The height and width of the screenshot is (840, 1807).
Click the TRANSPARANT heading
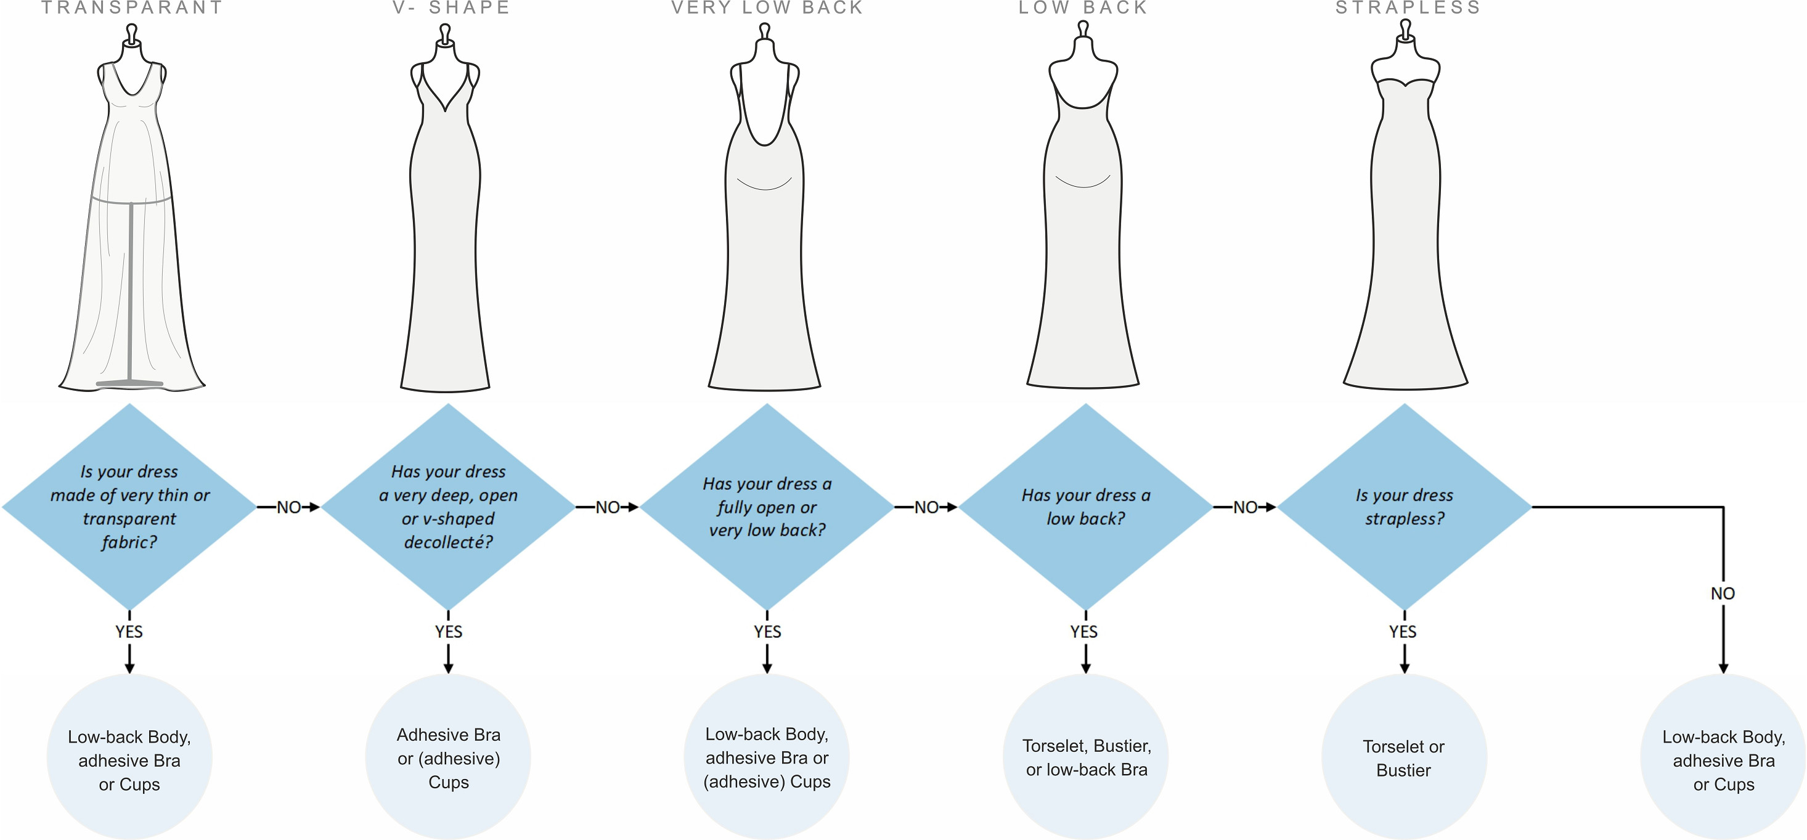tap(132, 8)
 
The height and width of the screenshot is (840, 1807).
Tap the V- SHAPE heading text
tap(451, 8)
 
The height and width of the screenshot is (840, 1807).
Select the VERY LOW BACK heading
tap(767, 8)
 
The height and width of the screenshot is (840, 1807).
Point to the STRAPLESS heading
tap(1408, 8)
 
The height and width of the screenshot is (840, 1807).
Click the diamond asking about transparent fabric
tap(130, 506)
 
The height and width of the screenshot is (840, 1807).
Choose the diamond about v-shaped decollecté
tap(448, 506)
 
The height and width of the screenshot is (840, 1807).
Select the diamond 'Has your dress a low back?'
tap(1086, 506)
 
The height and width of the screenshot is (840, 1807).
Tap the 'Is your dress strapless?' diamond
tap(1405, 506)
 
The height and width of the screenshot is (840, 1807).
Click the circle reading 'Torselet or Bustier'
tap(1405, 757)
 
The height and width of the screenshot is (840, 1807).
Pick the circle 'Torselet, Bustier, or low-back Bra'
tap(1086, 757)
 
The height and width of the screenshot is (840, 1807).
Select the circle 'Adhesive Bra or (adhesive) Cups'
tap(448, 757)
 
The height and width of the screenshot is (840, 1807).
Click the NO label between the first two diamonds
tap(289, 507)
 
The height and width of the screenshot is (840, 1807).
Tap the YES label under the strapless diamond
tap(1403, 632)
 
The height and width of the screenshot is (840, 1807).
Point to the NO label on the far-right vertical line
tap(1723, 593)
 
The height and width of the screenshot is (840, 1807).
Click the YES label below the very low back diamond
tap(767, 632)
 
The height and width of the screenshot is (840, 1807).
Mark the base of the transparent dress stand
tap(130, 383)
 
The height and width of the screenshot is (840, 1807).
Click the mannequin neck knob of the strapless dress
tap(1405, 28)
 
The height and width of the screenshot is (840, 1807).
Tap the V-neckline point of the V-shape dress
tap(446, 110)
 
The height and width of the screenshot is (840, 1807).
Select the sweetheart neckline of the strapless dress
tap(1405, 83)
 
